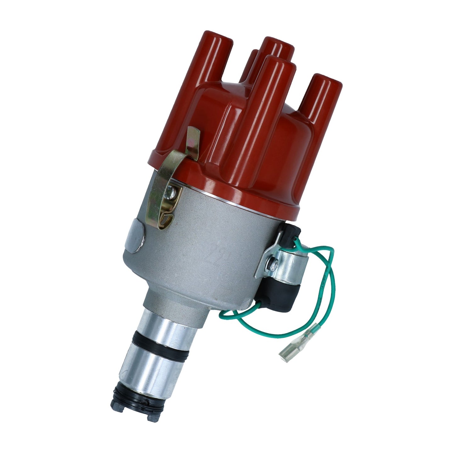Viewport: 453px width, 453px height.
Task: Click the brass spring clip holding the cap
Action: pos(176,164)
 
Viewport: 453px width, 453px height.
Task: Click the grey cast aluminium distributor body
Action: pos(204,252)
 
